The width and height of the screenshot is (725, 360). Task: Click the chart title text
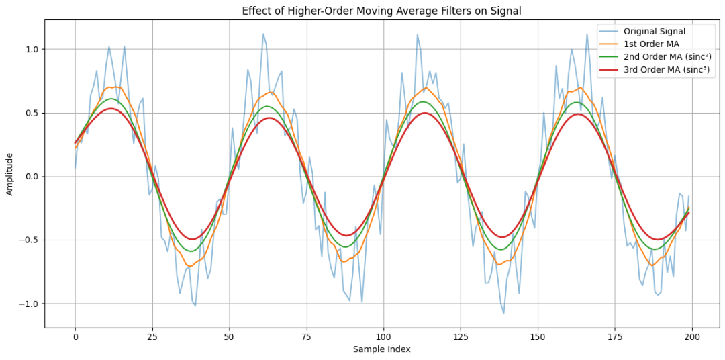(382, 11)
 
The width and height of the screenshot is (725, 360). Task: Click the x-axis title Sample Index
(382, 349)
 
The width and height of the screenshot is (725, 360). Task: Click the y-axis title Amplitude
(10, 174)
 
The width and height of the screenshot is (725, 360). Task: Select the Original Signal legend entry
(655, 31)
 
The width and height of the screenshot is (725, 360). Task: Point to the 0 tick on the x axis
(75, 336)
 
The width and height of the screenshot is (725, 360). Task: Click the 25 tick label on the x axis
(152, 336)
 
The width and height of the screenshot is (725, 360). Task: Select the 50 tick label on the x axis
(230, 336)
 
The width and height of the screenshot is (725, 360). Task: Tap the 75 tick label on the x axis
(307, 336)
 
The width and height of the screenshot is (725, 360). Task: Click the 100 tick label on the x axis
(383, 336)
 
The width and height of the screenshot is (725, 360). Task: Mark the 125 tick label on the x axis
(461, 336)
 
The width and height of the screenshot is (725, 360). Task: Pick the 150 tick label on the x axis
(538, 336)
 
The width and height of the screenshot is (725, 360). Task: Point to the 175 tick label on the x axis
(615, 336)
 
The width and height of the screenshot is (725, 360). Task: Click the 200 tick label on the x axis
(692, 336)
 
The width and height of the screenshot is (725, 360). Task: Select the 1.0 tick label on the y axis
(32, 50)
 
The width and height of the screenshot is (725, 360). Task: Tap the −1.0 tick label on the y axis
(30, 304)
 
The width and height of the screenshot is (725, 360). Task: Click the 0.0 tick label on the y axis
(32, 177)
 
